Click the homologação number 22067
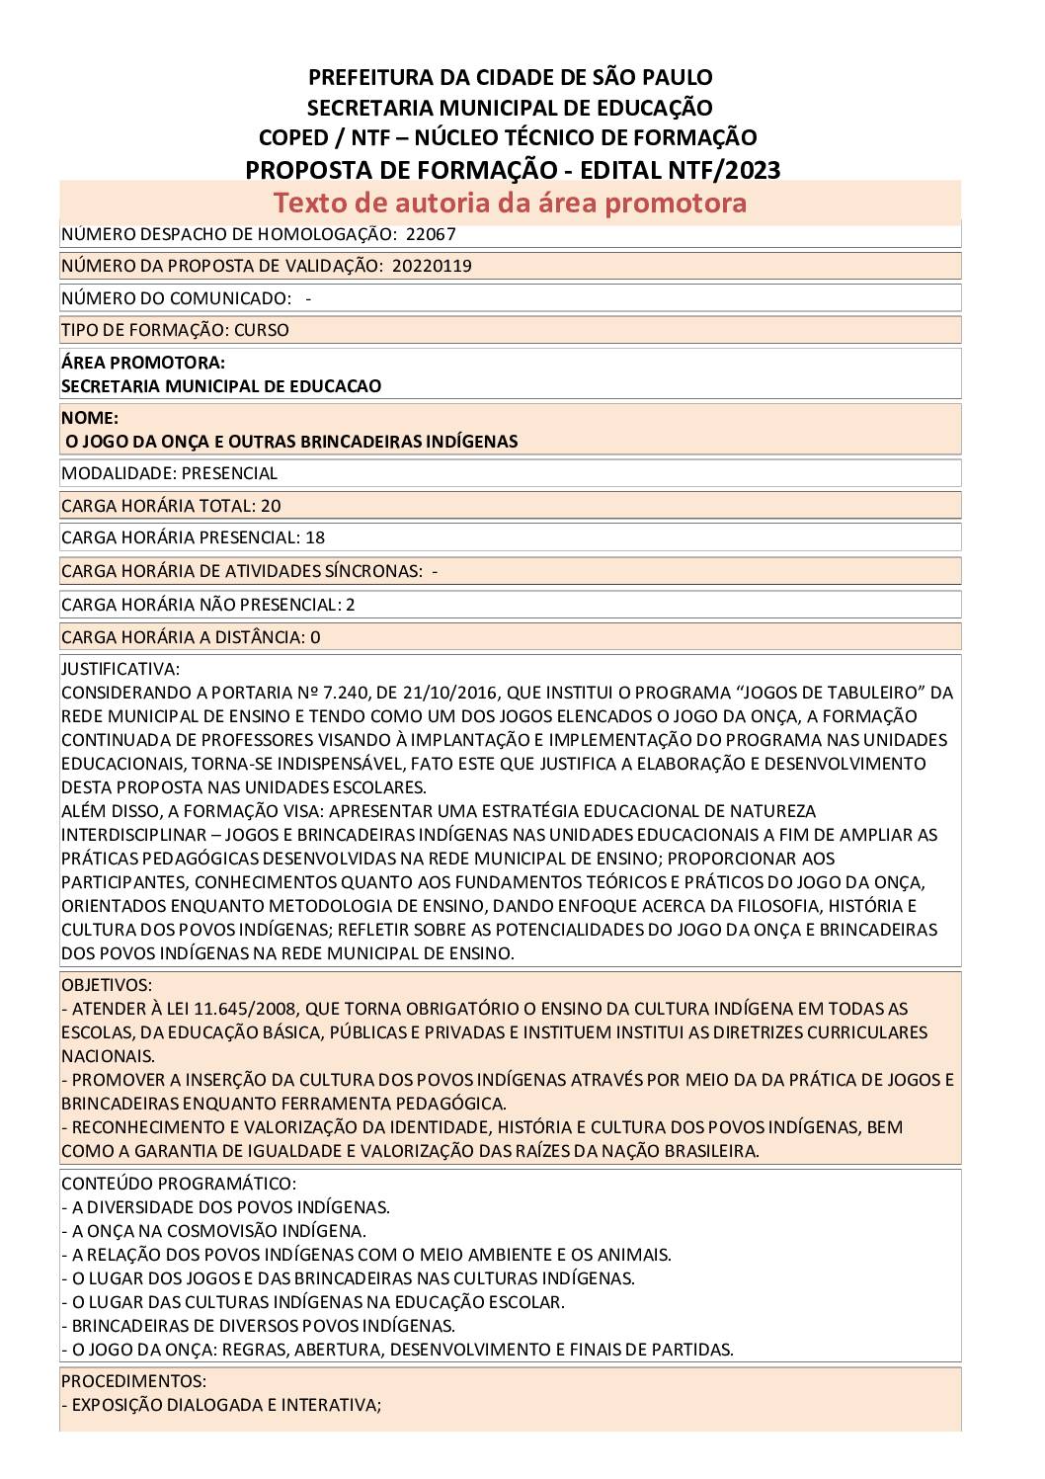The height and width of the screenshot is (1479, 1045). [x=431, y=234]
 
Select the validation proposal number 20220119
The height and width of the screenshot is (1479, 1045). [x=432, y=266]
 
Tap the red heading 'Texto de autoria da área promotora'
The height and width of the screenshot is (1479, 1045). [x=510, y=203]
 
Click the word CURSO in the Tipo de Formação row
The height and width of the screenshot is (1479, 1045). [x=262, y=330]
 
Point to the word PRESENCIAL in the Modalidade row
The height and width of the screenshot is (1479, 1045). [x=229, y=473]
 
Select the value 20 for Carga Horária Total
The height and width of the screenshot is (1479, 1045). [x=271, y=506]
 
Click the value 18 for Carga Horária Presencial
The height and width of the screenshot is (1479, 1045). [x=315, y=537]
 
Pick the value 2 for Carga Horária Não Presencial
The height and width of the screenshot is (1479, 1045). [x=351, y=605]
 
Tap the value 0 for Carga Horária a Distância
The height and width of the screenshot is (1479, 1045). [x=315, y=637]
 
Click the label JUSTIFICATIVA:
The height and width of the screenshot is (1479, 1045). [x=121, y=669]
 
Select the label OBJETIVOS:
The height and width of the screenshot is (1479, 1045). [x=107, y=985]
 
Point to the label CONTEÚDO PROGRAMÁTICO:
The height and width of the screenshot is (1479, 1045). [x=179, y=1184]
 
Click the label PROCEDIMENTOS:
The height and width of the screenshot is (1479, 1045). [x=133, y=1381]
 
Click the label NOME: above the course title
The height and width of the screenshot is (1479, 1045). [x=90, y=418]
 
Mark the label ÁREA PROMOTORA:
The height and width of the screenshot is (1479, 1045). [x=143, y=363]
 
